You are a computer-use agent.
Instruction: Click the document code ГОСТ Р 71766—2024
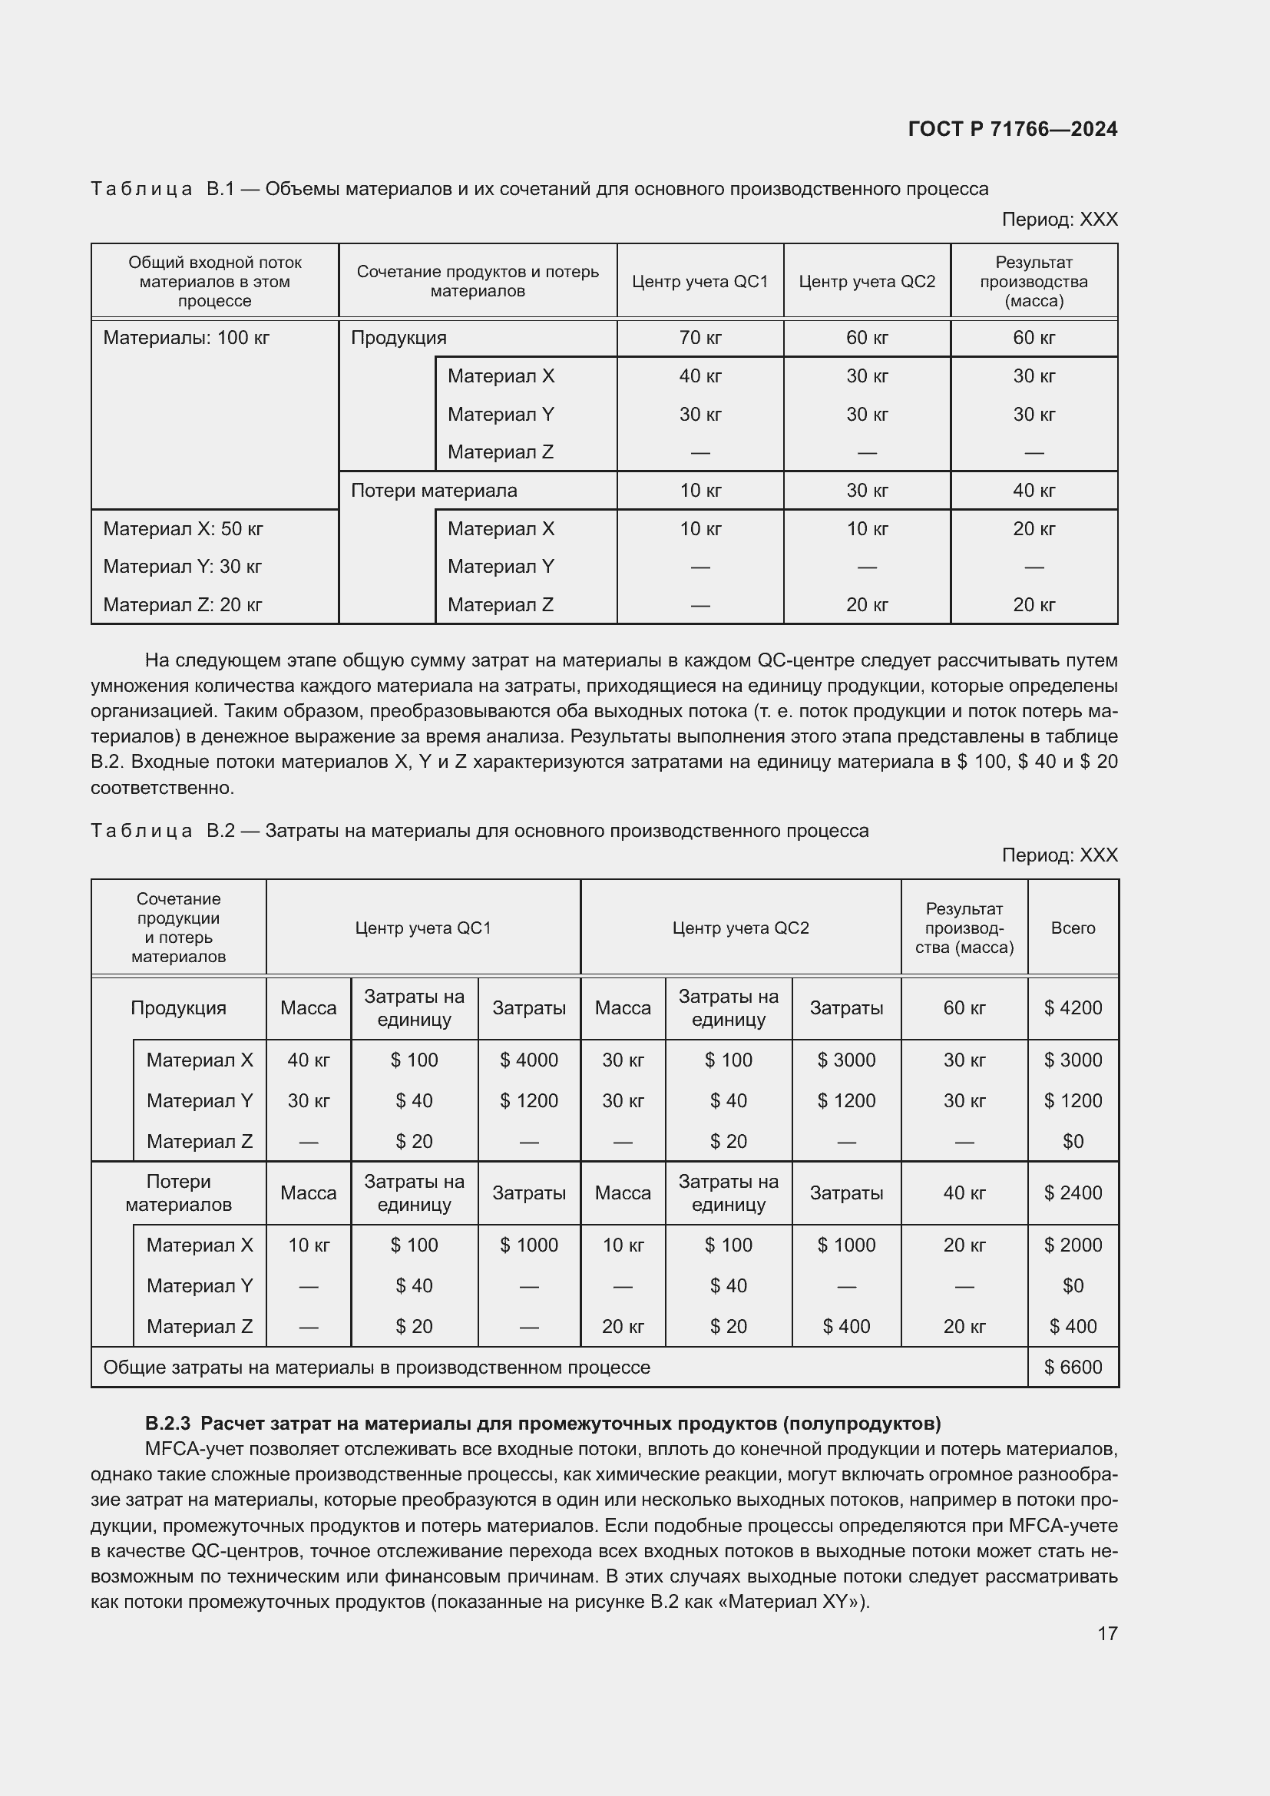[1012, 130]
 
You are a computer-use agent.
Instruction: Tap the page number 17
[1106, 1633]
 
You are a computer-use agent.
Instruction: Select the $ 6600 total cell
[1072, 1368]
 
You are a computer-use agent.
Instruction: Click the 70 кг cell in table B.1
[700, 338]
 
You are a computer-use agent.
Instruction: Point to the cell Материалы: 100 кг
[186, 338]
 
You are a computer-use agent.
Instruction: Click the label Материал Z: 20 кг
[182, 604]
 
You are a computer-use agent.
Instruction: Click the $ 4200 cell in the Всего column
[1072, 1007]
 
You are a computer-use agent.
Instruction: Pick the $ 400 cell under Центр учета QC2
[846, 1326]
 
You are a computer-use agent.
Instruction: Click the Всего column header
[1072, 928]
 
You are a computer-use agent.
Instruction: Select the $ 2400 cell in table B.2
[1072, 1193]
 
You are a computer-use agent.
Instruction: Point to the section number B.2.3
[167, 1423]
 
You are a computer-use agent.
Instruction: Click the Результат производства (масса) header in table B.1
[1033, 282]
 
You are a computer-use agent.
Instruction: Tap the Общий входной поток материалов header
[214, 282]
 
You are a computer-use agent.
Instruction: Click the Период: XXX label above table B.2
[1059, 855]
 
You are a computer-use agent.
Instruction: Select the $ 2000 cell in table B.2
[1072, 1245]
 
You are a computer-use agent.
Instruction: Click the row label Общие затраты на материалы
[376, 1368]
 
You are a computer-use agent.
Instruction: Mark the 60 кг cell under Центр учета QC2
[866, 338]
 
